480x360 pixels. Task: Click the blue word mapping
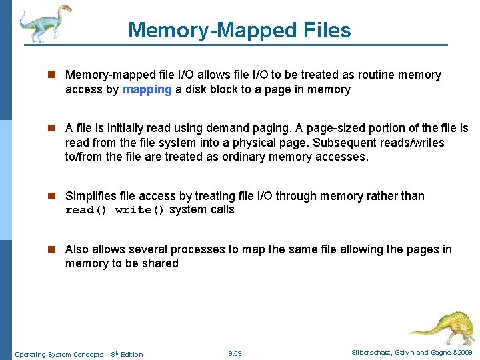point(147,89)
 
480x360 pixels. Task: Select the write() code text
point(140,210)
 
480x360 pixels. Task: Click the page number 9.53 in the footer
point(235,353)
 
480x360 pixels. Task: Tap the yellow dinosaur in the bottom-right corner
point(441,327)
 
